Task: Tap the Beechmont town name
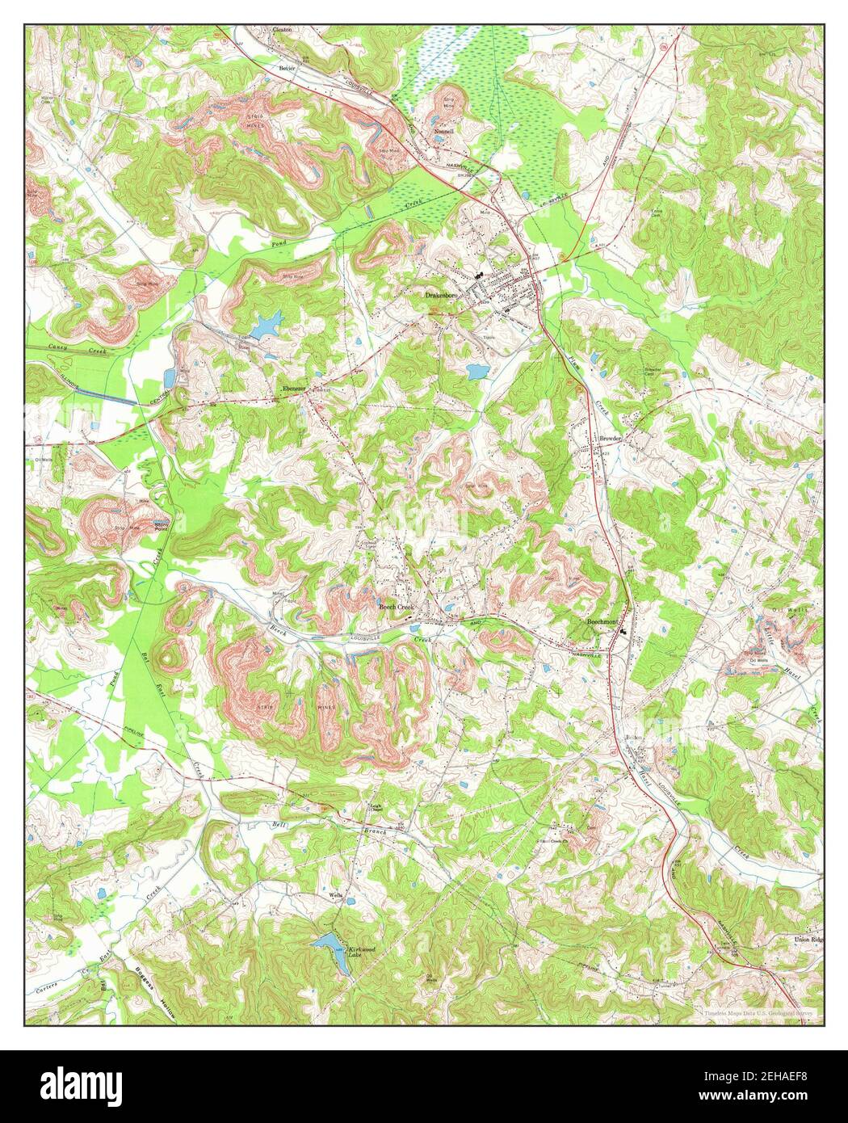(602, 622)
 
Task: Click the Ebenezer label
(292, 389)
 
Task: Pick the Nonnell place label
(443, 130)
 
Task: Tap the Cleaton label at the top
(282, 30)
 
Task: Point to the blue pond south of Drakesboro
(476, 372)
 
